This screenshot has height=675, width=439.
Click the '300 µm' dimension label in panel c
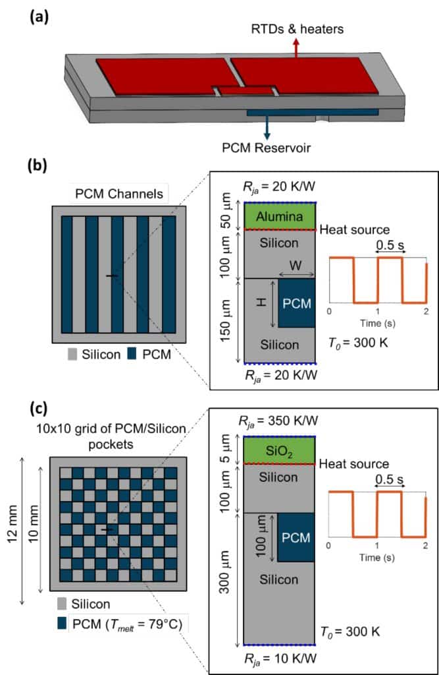226,580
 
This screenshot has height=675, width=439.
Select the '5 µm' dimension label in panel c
226,450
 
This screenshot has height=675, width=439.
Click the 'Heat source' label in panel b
353,229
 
